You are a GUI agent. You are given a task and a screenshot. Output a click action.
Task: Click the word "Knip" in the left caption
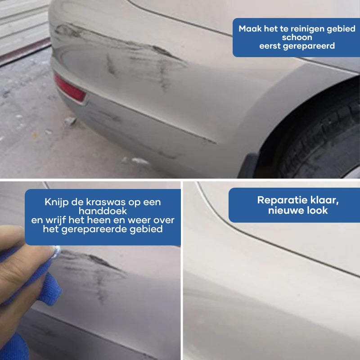pyautogui.click(x=54, y=202)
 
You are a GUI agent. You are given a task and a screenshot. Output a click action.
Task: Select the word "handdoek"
pyautogui.click(x=103, y=211)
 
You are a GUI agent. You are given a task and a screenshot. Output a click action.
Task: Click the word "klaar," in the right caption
pyautogui.click(x=324, y=200)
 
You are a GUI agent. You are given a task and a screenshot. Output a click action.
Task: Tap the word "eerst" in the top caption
pyautogui.click(x=270, y=46)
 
